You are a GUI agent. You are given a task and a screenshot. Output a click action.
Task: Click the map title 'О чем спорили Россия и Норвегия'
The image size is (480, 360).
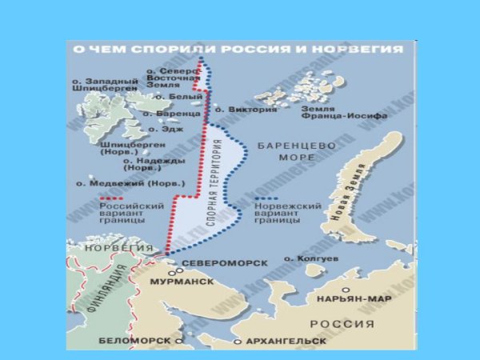tap(238, 49)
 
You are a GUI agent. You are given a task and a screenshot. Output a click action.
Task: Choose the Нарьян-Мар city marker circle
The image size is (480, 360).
tap(346, 291)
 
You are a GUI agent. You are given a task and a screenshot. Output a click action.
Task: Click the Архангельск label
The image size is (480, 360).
tap(285, 341)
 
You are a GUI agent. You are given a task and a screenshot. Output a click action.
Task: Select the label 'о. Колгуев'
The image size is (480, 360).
tap(311, 260)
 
